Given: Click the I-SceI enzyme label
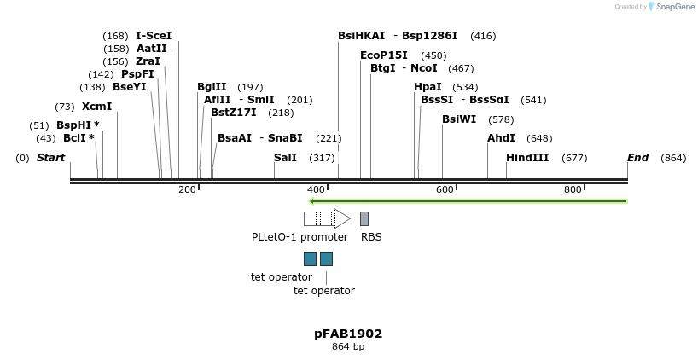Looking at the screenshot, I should (154, 36).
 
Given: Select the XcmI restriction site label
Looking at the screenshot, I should (96, 107).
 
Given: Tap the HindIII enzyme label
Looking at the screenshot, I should (527, 158).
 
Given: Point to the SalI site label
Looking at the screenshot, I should (285, 158).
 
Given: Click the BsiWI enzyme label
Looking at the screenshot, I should (459, 119).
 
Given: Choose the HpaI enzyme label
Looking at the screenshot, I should (428, 87).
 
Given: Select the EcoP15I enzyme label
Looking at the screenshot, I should (384, 55).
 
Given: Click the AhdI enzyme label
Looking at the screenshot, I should (501, 138).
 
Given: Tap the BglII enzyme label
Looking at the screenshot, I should (212, 87).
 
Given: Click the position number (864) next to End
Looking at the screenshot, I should (673, 158).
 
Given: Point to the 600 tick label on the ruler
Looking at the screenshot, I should (445, 189).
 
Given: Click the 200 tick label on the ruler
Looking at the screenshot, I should (187, 189).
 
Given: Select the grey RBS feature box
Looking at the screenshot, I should (364, 218).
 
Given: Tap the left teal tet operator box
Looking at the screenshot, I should (310, 258).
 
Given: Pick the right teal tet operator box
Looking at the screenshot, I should (326, 258).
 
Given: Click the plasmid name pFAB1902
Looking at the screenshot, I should (348, 334).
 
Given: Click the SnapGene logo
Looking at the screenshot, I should (672, 7).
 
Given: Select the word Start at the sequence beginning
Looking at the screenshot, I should (50, 158).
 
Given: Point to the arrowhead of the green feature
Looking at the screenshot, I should (312, 201).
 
